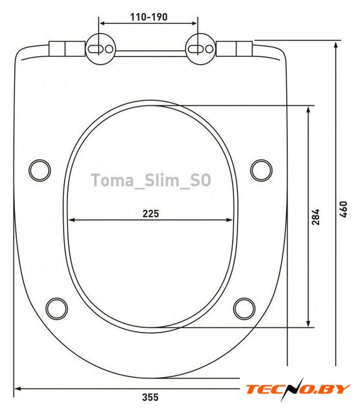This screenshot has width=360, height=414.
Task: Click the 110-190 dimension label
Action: pos(149,17)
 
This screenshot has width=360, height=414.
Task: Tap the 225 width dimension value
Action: pos(151,213)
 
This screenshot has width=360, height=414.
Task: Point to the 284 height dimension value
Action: pos(315,217)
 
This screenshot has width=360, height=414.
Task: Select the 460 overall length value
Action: pos(343,210)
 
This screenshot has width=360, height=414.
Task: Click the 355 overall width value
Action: pos(151,397)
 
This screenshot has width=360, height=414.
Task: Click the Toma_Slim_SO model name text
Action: pos(151,180)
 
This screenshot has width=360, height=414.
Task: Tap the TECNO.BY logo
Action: pos(298,389)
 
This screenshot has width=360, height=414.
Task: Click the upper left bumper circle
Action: pos(39,170)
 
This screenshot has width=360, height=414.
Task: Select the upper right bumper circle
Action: pos(261,170)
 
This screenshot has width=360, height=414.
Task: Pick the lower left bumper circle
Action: pos(57,309)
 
